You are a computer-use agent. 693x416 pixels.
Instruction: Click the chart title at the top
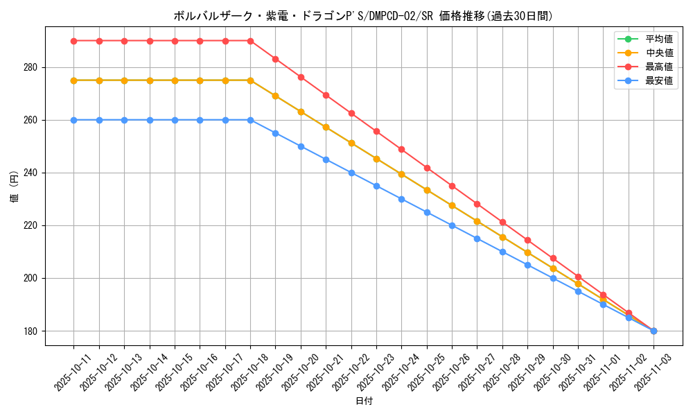pos(363,16)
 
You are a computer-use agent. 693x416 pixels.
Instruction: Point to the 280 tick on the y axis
pos(32,67)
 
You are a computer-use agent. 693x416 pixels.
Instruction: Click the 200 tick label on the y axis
pos(32,278)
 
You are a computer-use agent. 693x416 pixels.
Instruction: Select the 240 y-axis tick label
pos(32,173)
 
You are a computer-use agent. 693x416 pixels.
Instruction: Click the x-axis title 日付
pos(364,401)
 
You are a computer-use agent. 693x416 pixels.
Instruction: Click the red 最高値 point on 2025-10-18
pos(250,41)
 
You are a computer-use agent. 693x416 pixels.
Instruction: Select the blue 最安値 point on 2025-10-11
pos(73,120)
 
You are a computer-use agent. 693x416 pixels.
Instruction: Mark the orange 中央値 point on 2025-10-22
pos(351,143)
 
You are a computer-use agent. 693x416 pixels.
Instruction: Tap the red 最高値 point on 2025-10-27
pos(477,204)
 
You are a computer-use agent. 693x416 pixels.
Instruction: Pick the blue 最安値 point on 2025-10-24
pos(401,199)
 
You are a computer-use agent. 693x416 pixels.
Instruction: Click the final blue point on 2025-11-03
pos(653,331)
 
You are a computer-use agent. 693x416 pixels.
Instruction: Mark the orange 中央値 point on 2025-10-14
pos(150,80)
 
